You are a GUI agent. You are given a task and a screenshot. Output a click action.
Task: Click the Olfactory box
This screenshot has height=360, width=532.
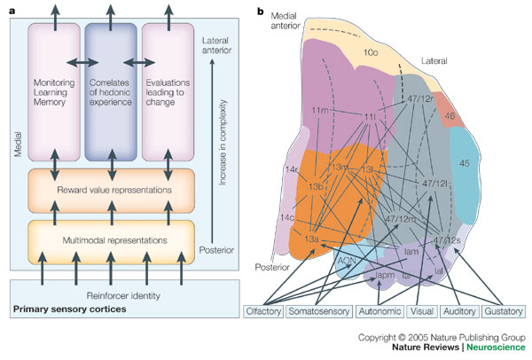(x=263, y=311)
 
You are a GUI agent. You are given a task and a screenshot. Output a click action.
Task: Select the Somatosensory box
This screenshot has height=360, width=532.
(x=319, y=311)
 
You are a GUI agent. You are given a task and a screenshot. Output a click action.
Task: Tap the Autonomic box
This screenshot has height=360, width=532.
(x=379, y=311)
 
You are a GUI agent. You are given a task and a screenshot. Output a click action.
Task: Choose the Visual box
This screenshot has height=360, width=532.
(x=422, y=311)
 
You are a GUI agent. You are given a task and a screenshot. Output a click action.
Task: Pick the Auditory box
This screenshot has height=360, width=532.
(x=459, y=311)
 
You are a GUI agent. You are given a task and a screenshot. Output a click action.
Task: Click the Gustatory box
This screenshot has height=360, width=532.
(x=504, y=311)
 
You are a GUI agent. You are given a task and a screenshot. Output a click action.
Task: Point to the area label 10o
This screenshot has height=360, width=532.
(x=370, y=53)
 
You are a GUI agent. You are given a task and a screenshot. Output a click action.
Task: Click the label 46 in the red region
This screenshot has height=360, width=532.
(x=450, y=116)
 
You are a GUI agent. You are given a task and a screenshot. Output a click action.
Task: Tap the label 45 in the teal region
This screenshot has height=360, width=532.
(x=465, y=163)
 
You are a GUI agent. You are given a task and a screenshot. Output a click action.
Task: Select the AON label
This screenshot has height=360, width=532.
(x=347, y=261)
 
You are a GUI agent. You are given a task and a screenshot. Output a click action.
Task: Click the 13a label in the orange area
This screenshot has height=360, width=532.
(x=311, y=239)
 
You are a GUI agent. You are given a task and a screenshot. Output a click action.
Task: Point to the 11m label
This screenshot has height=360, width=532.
(x=320, y=110)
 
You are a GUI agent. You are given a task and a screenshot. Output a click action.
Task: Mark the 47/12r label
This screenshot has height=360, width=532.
(x=420, y=98)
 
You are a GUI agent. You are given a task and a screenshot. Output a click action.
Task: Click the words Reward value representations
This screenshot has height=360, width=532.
(x=114, y=190)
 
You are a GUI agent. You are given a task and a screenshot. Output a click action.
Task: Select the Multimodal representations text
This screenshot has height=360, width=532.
(x=114, y=240)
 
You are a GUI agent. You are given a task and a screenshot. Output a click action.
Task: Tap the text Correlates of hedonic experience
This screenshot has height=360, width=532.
(x=110, y=92)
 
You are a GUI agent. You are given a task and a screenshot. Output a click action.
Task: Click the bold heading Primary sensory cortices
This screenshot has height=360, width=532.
(x=69, y=309)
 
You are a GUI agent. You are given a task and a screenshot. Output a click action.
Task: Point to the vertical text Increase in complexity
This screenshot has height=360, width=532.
(x=223, y=143)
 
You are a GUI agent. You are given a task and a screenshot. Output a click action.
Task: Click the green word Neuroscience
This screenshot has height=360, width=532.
(x=496, y=347)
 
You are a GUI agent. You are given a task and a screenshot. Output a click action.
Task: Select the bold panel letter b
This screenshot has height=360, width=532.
(x=260, y=12)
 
